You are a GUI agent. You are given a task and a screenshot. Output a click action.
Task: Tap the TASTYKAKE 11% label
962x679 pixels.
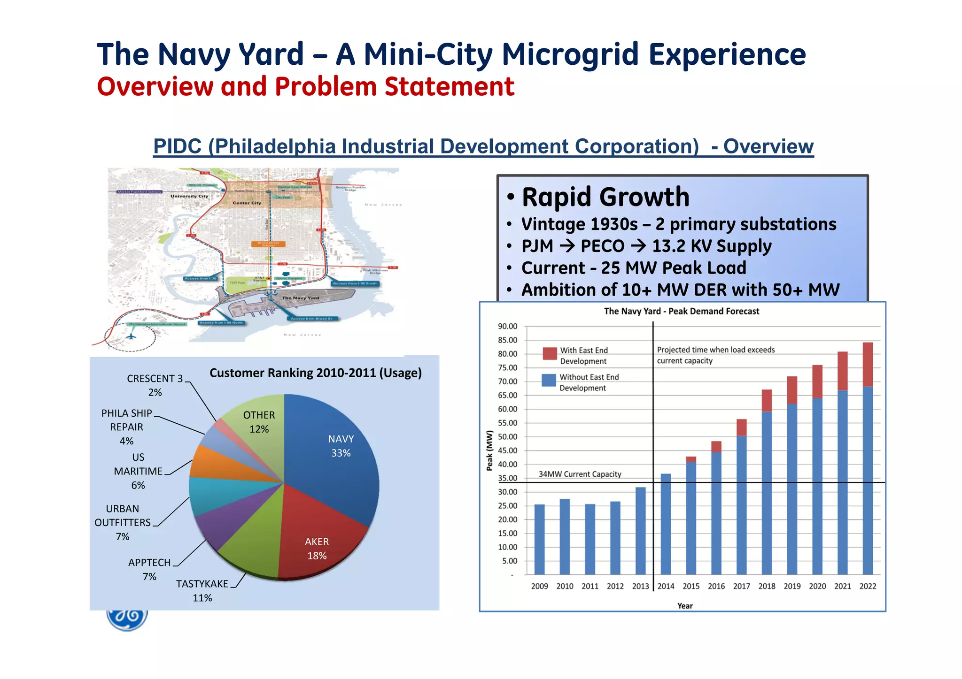point(202,590)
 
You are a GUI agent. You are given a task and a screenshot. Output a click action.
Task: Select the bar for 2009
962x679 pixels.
point(540,540)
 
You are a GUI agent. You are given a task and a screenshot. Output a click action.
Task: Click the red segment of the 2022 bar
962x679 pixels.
point(868,364)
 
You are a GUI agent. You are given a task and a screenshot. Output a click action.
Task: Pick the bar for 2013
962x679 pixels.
point(640,530)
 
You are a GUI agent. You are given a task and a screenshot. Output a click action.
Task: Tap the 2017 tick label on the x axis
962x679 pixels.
point(741,586)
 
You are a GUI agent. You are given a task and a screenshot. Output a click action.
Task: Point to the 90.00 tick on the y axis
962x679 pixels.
point(507,326)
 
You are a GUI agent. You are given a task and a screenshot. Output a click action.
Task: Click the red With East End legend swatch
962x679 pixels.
point(550,353)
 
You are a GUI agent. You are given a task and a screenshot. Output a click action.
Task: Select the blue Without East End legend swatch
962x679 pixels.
point(549,380)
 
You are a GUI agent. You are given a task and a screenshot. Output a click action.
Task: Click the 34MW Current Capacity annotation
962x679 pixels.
point(580,474)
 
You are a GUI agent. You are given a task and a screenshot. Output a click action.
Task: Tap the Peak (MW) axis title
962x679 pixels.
point(489,450)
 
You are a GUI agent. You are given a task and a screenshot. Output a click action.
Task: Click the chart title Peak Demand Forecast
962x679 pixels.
point(681,311)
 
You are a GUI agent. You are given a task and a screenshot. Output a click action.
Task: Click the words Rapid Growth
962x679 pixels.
point(605,197)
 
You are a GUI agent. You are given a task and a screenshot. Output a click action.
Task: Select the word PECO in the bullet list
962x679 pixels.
point(602,246)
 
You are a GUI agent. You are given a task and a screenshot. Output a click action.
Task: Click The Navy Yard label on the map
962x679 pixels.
point(300,298)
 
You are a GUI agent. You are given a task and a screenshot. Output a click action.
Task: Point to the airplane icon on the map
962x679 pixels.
point(131,336)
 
